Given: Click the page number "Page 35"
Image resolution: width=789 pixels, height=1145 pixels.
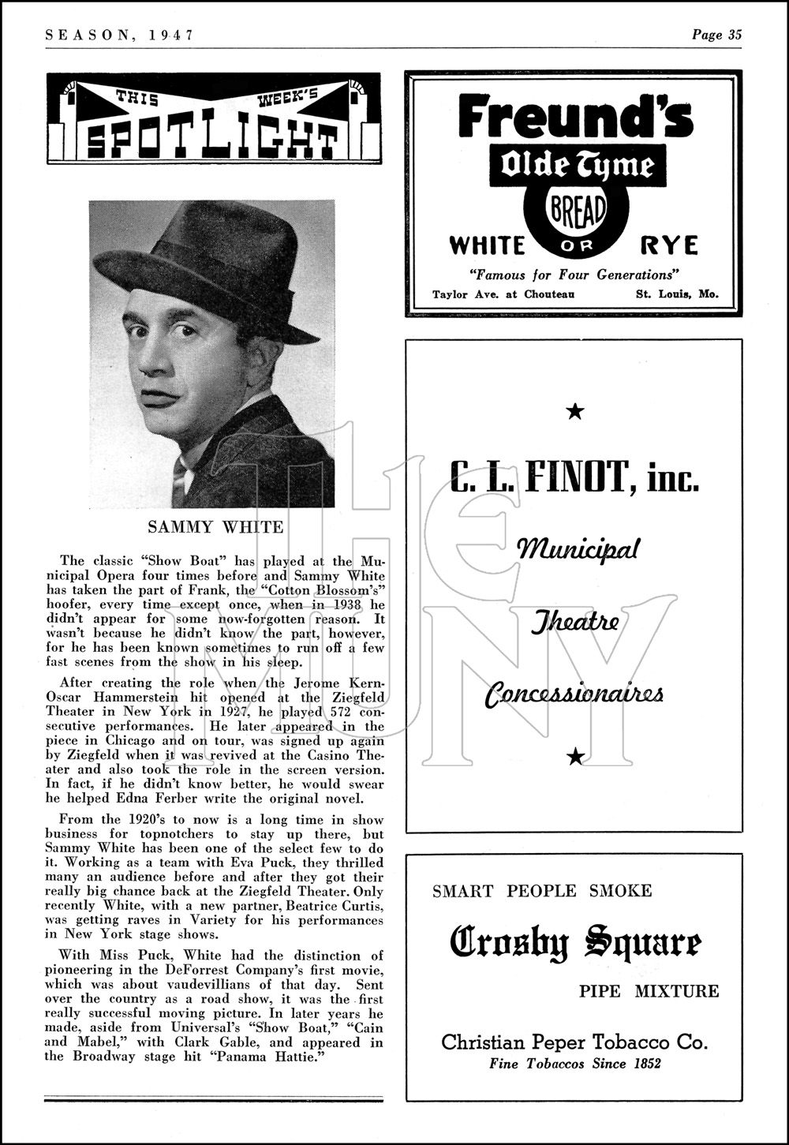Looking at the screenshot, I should coord(716,34).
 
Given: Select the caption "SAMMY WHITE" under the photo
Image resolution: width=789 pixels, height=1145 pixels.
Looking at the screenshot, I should coord(215,527).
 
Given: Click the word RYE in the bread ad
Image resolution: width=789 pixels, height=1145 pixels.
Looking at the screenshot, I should coord(669,245).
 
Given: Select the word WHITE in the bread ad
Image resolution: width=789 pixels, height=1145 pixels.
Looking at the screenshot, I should coord(487,245).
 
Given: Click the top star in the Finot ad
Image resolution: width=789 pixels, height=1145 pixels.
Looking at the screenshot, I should coord(575,410).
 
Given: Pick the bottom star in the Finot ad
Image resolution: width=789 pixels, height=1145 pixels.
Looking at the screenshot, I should coord(576,757).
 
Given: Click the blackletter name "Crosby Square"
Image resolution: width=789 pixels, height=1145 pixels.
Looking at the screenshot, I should coord(574,942).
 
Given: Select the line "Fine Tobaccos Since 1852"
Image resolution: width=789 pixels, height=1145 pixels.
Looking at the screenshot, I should coord(574,1064).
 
